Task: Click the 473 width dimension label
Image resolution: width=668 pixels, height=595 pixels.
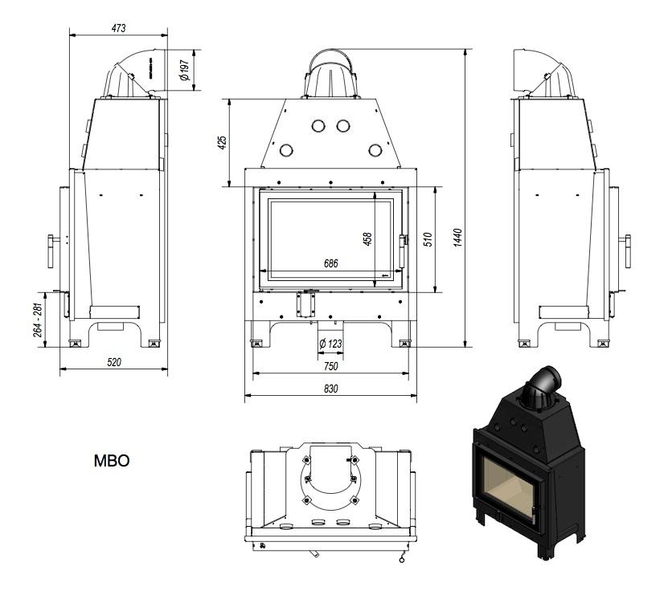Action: [118, 28]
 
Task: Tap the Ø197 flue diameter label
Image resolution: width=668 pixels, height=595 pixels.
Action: [184, 70]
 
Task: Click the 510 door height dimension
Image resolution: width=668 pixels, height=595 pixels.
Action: [428, 239]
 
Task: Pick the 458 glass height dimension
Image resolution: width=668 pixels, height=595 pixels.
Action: [368, 239]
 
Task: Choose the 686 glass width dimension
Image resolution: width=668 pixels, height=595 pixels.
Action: [330, 263]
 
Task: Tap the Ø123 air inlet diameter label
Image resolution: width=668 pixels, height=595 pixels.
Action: [330, 344]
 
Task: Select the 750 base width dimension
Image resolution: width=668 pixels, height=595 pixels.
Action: [330, 366]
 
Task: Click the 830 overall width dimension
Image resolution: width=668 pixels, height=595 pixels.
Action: [330, 389]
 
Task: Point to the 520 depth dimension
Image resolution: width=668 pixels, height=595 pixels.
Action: [114, 362]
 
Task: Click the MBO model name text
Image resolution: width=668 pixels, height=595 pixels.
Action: [112, 461]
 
